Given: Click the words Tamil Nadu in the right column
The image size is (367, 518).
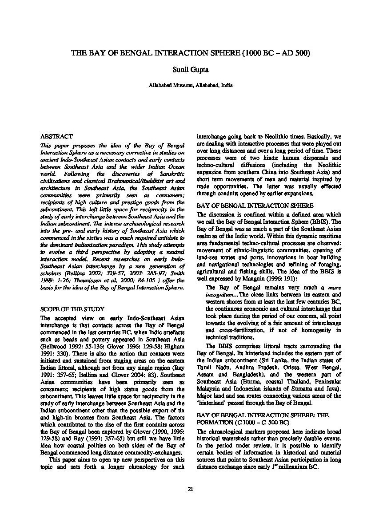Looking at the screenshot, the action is [209, 368].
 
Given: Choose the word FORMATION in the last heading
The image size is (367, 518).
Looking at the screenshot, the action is [215, 422].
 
